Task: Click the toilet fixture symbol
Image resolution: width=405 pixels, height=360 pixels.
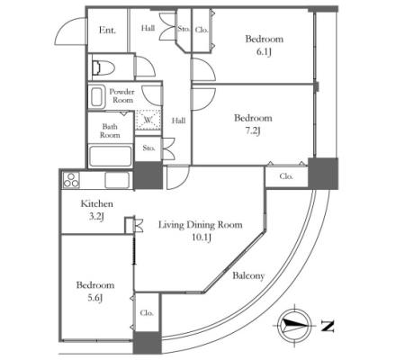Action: click(x=103, y=67)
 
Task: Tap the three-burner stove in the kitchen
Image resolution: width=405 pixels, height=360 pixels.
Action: click(x=71, y=180)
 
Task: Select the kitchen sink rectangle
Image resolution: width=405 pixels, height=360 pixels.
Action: click(x=117, y=180)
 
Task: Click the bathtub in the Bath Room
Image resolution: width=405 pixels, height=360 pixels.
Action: click(x=111, y=157)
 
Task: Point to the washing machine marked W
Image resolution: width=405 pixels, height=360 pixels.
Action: click(x=148, y=120)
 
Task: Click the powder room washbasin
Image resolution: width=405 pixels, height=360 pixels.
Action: click(x=97, y=97)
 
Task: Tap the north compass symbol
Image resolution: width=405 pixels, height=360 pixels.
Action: click(x=294, y=326)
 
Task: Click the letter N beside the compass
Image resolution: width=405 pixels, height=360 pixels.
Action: click(x=328, y=326)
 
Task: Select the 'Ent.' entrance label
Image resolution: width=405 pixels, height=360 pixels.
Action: click(x=107, y=30)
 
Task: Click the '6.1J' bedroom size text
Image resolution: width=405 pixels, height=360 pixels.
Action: click(x=264, y=52)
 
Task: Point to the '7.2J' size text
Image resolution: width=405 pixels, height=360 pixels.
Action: click(x=253, y=131)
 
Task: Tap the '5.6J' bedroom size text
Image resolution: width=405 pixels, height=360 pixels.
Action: click(x=95, y=298)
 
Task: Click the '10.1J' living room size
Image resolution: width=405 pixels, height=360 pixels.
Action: click(x=201, y=238)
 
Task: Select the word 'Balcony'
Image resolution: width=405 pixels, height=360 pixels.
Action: click(x=248, y=275)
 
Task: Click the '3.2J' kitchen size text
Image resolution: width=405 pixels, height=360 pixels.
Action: click(x=96, y=216)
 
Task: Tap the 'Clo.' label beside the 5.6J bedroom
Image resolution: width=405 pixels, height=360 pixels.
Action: click(x=147, y=313)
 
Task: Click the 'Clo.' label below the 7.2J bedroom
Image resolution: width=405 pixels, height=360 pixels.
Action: click(x=286, y=176)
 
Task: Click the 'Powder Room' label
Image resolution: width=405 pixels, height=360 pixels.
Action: click(x=121, y=95)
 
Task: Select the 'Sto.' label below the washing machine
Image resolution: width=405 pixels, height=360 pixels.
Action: click(x=148, y=148)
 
